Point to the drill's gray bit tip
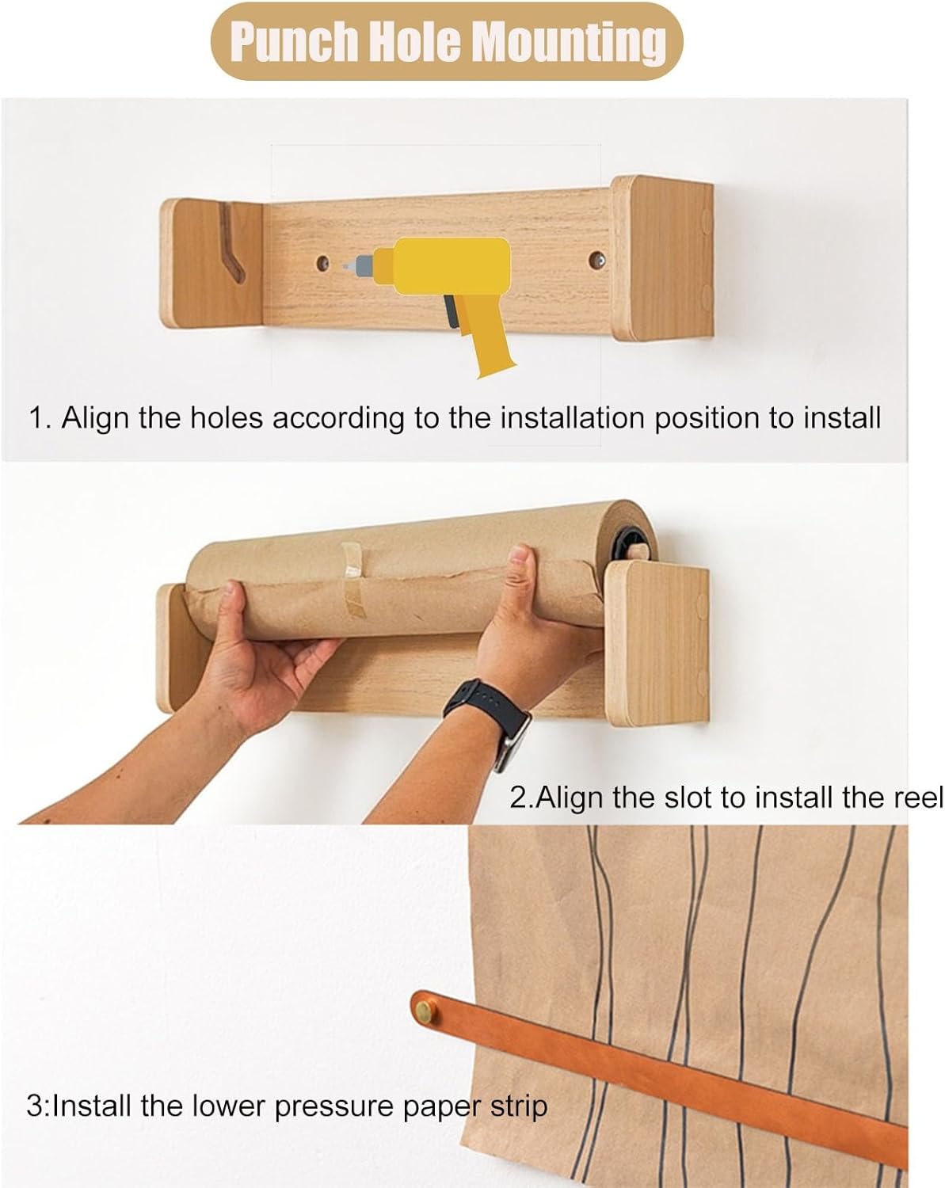(345, 265)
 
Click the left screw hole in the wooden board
(322, 262)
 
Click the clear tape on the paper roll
(353, 580)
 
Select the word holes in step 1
(227, 418)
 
